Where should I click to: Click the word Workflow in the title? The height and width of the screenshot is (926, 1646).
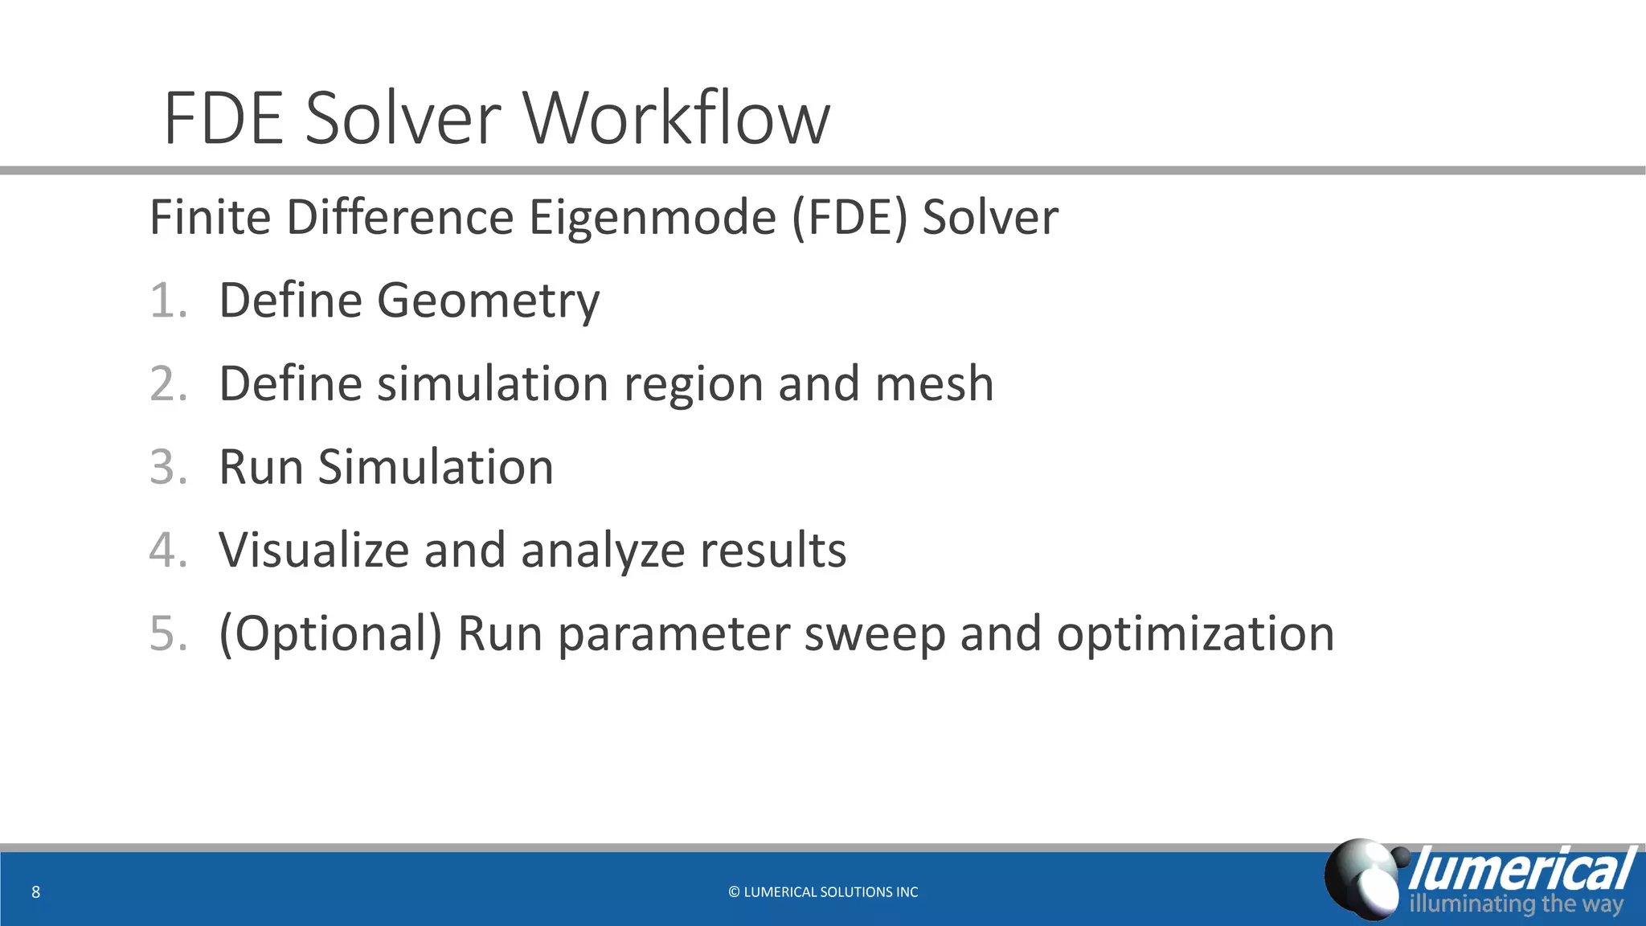pyautogui.click(x=677, y=119)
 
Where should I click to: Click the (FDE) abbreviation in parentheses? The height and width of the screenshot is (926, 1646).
pyautogui.click(x=850, y=218)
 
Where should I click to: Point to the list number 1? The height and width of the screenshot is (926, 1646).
pyautogui.click(x=167, y=301)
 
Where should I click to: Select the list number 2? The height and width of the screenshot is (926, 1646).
pyautogui.click(x=168, y=383)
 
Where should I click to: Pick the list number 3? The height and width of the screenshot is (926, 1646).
pyautogui.click(x=168, y=467)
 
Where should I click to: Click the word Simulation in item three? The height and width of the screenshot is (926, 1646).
pyautogui.click(x=436, y=467)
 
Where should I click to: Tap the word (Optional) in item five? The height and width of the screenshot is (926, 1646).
pyautogui.click(x=330, y=635)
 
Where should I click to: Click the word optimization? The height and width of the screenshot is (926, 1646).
pyautogui.click(x=1195, y=635)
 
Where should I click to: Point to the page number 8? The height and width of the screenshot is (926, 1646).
pyautogui.click(x=35, y=891)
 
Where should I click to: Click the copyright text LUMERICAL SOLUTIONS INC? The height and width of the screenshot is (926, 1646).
pyautogui.click(x=823, y=891)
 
